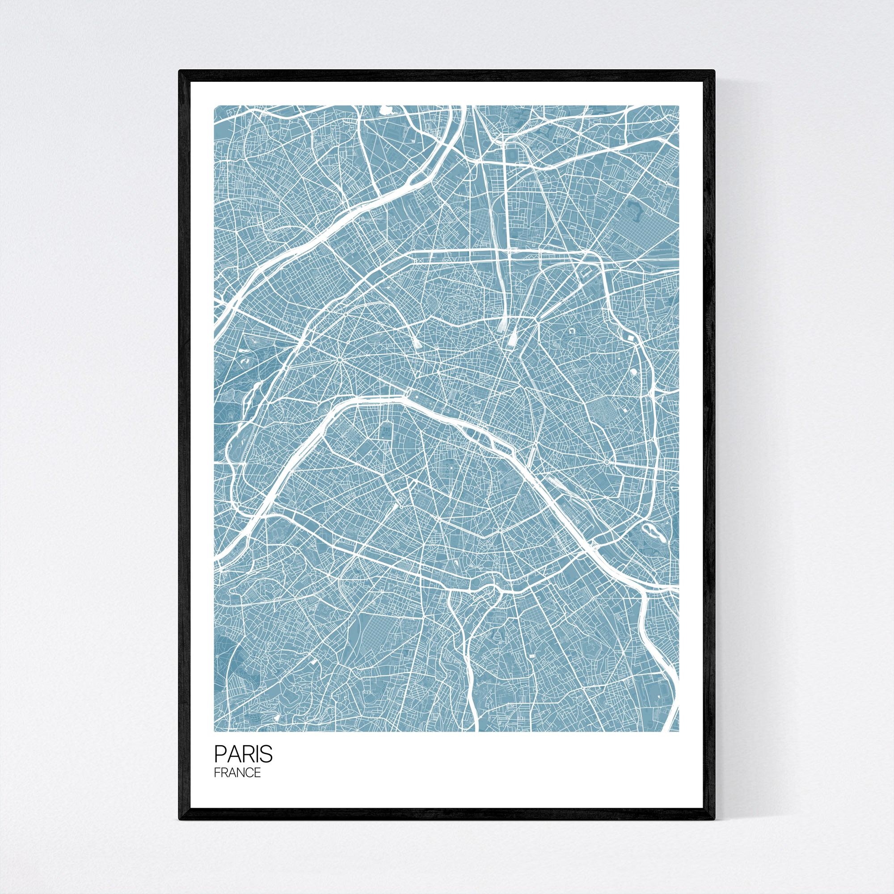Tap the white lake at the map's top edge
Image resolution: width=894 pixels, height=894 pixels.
click(384, 110)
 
